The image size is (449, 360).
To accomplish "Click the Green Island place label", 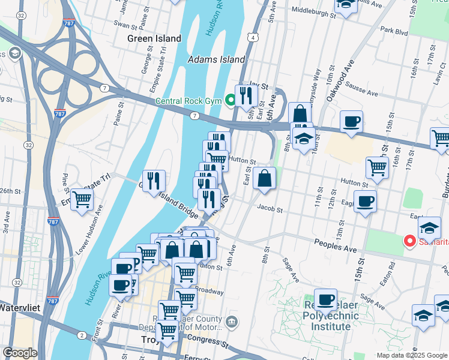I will [154, 38].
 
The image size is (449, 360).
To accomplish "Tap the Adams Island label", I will [217, 59].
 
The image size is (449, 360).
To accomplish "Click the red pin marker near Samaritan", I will [411, 242].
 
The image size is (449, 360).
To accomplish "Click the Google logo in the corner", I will [20, 353].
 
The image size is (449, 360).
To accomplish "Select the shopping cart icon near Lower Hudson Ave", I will [82, 199].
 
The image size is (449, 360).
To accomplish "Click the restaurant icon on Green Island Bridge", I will [154, 179].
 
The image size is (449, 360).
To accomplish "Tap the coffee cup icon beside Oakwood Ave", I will [351, 121].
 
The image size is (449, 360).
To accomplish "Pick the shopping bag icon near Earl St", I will [265, 178].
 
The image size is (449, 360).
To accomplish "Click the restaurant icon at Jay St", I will [247, 94].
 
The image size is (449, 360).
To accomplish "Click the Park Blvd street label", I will [394, 30].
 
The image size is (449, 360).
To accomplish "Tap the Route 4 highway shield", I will [254, 38].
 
